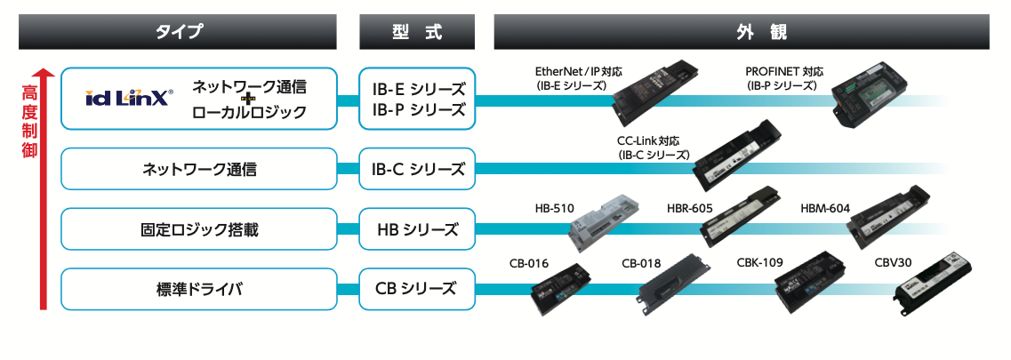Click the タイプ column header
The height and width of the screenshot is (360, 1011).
tap(179, 32)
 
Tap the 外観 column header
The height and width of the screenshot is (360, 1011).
tap(742, 32)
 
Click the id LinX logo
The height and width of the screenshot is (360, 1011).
tap(129, 99)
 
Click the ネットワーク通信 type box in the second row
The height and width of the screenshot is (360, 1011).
tap(199, 168)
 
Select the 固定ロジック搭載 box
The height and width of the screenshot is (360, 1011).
tap(199, 229)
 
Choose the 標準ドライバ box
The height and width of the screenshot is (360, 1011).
tap(199, 289)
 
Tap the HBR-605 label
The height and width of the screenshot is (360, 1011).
tap(690, 209)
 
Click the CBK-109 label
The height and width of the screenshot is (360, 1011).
tap(759, 263)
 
